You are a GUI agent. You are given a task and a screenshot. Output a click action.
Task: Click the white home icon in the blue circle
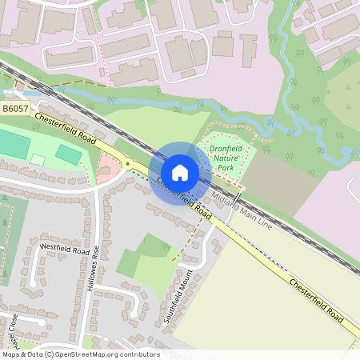[x=180, y=171]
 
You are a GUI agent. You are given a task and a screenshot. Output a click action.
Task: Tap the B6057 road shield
[x=15, y=107]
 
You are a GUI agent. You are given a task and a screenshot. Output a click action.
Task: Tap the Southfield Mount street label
[x=178, y=297]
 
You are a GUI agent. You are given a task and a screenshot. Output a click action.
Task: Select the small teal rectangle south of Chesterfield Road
[x=69, y=154]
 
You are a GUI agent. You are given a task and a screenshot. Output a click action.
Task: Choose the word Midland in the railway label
[x=225, y=206]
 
